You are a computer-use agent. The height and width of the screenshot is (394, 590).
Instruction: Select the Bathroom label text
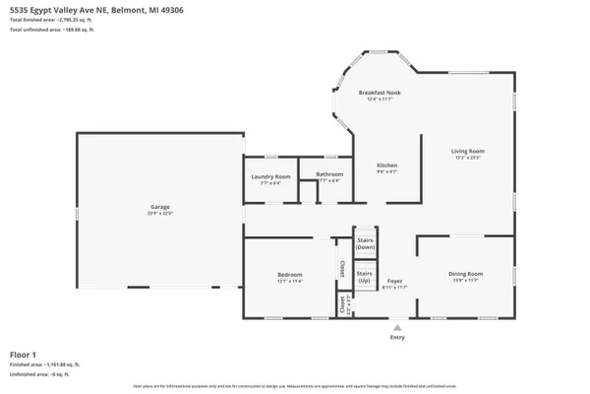328,174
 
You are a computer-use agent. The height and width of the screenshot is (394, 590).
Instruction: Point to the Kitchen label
387,164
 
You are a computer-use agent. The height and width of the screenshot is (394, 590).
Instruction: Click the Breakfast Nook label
379,93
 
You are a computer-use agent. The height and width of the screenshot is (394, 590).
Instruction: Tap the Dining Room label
466,273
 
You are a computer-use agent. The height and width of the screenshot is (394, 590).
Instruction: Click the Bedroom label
289,274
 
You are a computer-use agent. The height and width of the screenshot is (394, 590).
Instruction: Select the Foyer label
394,281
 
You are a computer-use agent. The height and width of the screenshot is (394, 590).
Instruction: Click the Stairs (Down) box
366,243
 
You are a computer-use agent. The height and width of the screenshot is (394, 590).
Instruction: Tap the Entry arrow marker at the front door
396,327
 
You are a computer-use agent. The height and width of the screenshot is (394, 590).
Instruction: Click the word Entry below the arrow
396,337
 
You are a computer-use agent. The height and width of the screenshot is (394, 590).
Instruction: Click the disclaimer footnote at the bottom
295,387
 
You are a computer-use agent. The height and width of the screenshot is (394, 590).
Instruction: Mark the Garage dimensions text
160,214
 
